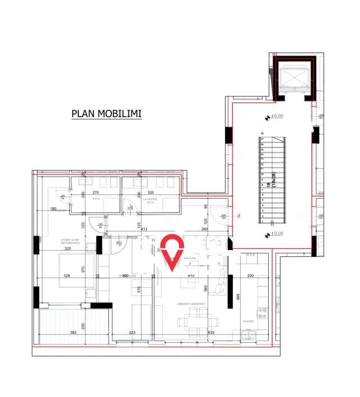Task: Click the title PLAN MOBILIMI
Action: point(106,114)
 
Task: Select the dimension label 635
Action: point(211,333)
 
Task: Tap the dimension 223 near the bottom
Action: point(133,333)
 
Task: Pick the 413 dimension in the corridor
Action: point(143,229)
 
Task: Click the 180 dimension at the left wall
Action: point(53,209)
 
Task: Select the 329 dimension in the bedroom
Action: point(67,276)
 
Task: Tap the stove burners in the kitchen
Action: point(262,313)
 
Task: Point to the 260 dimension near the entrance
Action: point(205,229)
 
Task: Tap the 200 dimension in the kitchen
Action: point(251,276)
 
